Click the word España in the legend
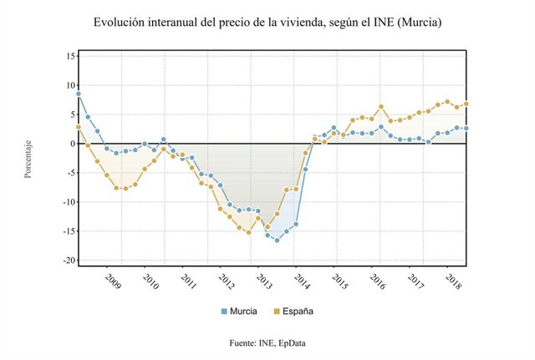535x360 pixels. pos(298,312)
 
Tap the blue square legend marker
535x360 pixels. pos(223,312)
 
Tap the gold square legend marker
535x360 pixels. pos(277,312)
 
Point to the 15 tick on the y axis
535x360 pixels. pos(70,56)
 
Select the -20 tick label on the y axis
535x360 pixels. pos(68,261)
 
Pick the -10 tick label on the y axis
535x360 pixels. pos(68,202)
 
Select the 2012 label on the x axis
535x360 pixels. pos(227,280)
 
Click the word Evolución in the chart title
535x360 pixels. pos(123,23)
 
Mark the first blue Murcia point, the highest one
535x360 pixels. pos(78,94)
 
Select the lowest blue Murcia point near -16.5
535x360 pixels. pos(277,240)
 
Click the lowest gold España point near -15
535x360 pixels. pos(248,231)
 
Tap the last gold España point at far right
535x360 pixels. pos(466,104)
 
